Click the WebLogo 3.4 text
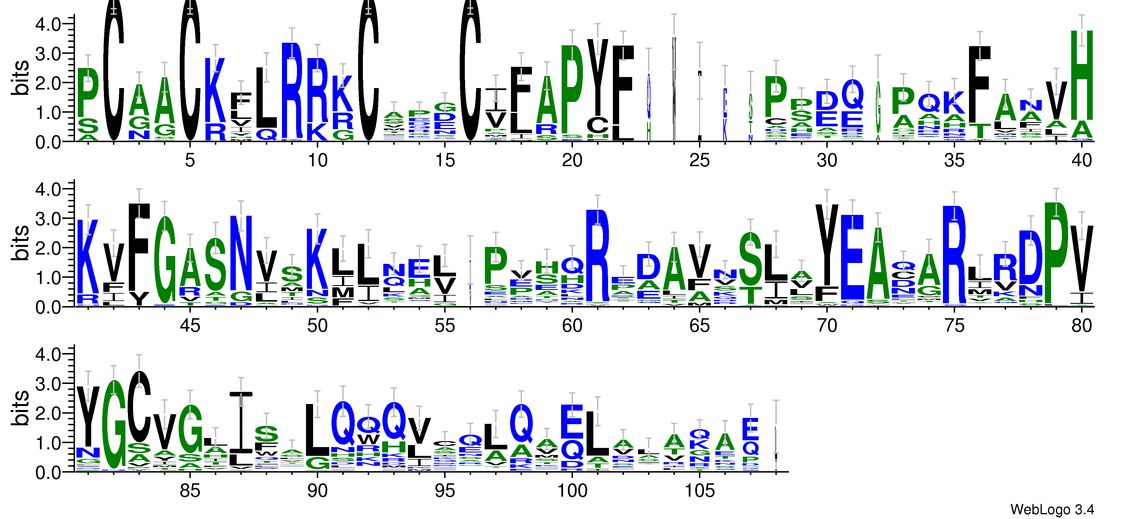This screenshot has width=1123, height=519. (x=1052, y=509)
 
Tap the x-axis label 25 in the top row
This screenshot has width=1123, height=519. (x=699, y=161)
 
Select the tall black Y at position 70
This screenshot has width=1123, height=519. (x=827, y=246)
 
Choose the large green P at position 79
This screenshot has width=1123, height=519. (x=1056, y=253)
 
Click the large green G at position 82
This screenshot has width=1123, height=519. (x=114, y=425)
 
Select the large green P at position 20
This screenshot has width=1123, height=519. (x=572, y=89)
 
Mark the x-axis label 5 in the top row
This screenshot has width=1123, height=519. (x=190, y=161)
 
